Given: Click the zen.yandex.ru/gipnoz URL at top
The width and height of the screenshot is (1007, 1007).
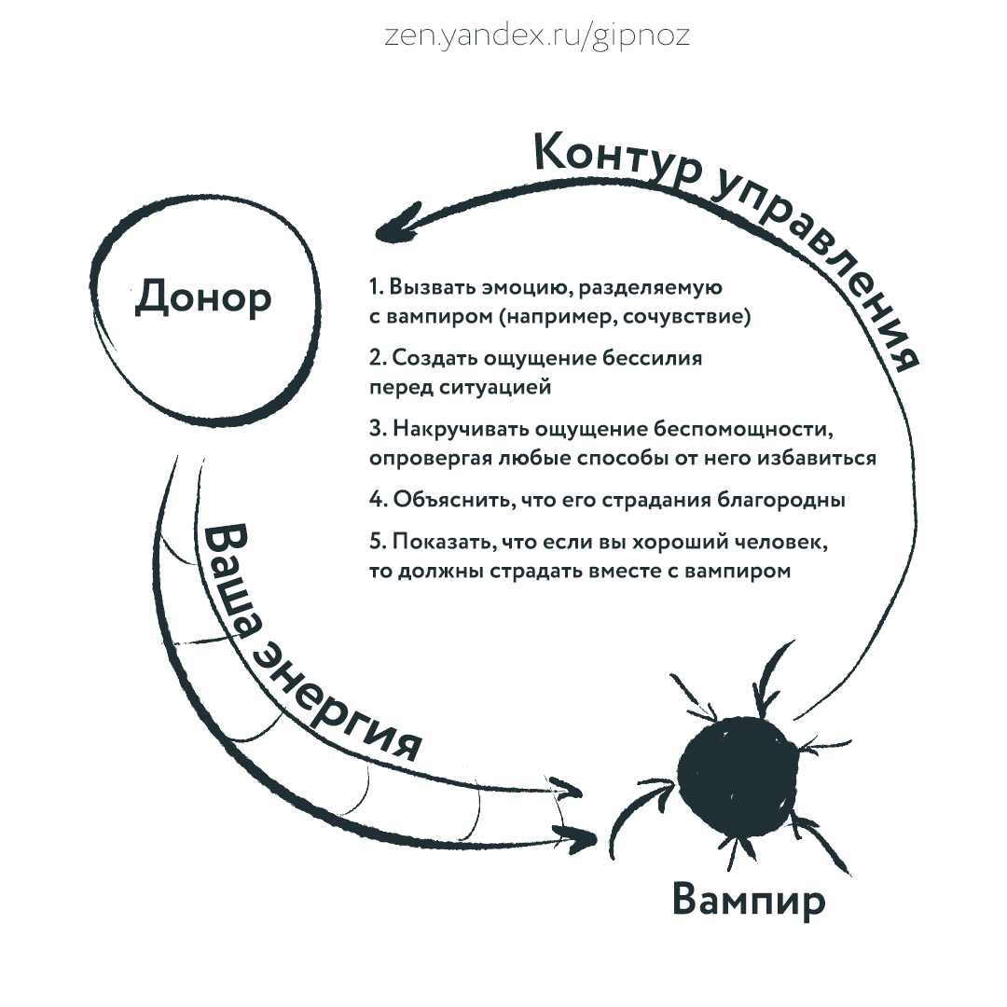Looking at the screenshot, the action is point(538,35).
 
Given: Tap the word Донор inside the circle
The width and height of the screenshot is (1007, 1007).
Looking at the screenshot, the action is point(203,297).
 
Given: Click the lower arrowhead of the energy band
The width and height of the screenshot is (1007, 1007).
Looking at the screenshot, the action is point(583,835).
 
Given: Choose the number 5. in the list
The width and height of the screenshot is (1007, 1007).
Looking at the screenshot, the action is point(377,542).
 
